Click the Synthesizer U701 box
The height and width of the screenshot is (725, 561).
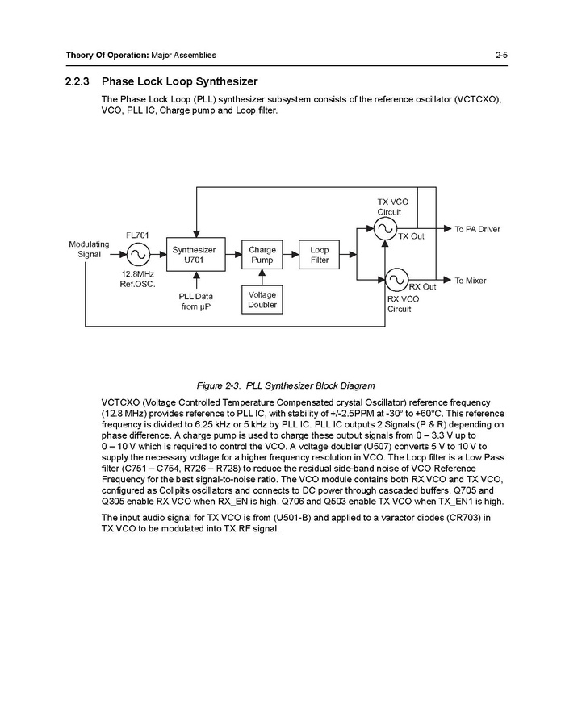pyautogui.click(x=194, y=255)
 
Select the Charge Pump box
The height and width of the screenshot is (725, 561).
pyautogui.click(x=262, y=255)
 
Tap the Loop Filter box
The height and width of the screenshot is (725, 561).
pyautogui.click(x=320, y=255)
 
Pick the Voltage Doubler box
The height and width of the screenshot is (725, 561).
pyautogui.click(x=262, y=300)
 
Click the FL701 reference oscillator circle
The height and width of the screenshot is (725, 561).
pyautogui.click(x=136, y=255)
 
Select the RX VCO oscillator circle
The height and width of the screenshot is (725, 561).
pyautogui.click(x=395, y=280)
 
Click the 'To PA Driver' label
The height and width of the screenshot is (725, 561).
pyautogui.click(x=477, y=229)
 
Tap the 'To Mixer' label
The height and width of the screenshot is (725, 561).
pyautogui.click(x=471, y=281)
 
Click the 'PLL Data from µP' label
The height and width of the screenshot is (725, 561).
pyautogui.click(x=195, y=301)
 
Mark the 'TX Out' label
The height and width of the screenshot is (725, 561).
pyautogui.click(x=411, y=236)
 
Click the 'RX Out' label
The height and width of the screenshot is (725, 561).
pyautogui.click(x=422, y=287)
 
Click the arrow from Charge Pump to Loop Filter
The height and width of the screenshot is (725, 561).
pyautogui.click(x=290, y=255)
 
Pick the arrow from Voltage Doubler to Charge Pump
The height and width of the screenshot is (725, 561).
pyautogui.click(x=262, y=278)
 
